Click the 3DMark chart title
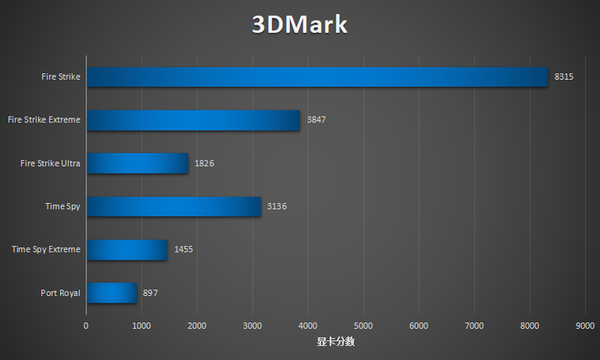coord(299,25)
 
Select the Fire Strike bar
coord(316,76)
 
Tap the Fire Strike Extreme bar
coord(193,120)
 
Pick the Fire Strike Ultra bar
coord(137,164)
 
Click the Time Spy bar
coord(173,206)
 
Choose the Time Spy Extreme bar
coord(127,249)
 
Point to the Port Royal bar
coord(111,293)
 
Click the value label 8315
coord(564,77)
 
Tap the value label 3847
coord(316,120)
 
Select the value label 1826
coord(204,164)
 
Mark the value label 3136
coord(277,206)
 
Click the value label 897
coord(150,293)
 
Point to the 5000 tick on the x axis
coord(363,325)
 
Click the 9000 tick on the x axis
coord(585,325)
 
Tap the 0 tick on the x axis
coord(86,325)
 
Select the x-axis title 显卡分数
coord(335,341)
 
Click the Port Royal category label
coord(60,293)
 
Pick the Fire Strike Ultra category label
coord(50,164)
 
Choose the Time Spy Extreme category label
coord(46,249)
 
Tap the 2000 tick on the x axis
coord(197,325)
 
